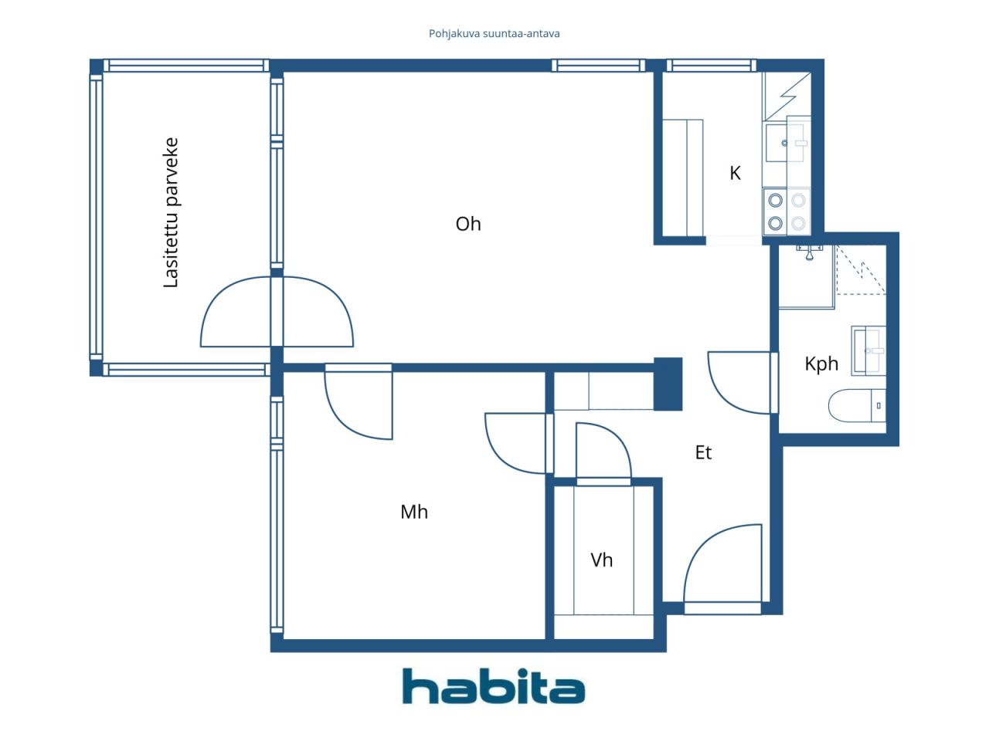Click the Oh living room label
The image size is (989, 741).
point(468,224)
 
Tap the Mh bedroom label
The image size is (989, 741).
point(413,512)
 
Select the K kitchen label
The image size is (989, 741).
point(735,173)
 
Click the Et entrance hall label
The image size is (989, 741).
point(703,452)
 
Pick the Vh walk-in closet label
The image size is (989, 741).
point(601,560)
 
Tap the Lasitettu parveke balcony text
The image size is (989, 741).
point(171,212)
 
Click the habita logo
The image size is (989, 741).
point(493,685)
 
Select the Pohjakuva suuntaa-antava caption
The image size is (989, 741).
point(494,34)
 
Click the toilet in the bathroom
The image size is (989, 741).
point(857,405)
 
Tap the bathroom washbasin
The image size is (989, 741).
point(868,351)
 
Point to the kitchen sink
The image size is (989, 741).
point(784,143)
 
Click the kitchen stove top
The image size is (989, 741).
point(787,211)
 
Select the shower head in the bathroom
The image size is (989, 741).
point(809,253)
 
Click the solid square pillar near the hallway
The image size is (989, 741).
point(668,384)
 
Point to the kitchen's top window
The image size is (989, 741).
point(711,66)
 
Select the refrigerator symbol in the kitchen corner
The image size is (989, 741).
point(787,96)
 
